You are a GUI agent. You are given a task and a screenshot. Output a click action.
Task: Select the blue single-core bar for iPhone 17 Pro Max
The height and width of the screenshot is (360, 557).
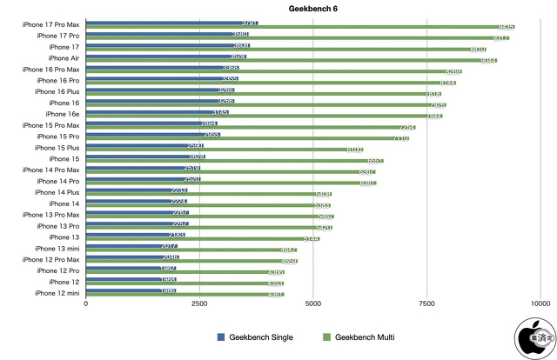tap(165, 22)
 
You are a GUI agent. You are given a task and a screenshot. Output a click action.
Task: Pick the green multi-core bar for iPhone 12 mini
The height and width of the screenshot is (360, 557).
tap(191, 296)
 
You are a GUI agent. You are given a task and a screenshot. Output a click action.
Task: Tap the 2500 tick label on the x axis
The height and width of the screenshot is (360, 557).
tap(199, 303)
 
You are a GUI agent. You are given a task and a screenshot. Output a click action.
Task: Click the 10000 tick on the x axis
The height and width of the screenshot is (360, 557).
tap(540, 303)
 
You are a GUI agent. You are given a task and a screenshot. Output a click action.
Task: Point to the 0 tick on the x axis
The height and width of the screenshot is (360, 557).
tap(85, 303)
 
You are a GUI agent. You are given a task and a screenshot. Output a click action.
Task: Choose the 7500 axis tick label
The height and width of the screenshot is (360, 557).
tap(426, 303)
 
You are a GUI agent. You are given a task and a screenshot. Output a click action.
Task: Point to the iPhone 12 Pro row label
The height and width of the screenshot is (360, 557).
tap(58, 270)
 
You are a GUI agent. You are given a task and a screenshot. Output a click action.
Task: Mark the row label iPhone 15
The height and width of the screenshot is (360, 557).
tap(64, 158)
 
